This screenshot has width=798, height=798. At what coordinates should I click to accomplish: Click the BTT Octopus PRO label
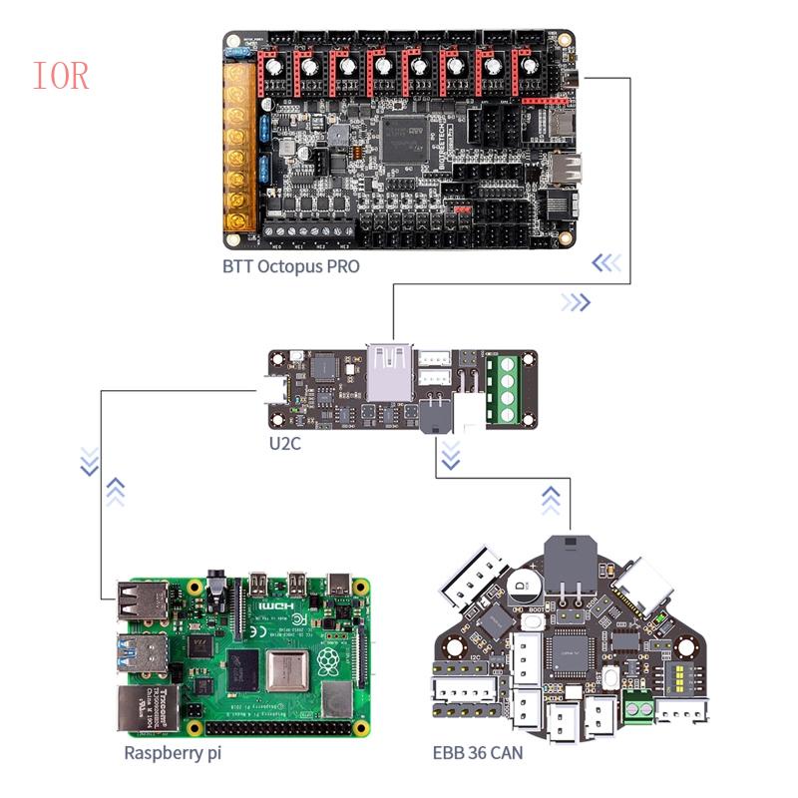point(290,266)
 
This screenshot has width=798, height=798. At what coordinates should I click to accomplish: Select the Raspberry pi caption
point(173,753)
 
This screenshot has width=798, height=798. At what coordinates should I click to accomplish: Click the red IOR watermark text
point(61,76)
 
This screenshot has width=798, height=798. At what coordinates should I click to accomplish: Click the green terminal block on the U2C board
point(505,388)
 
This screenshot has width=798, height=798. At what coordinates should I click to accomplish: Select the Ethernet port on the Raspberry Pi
point(146,707)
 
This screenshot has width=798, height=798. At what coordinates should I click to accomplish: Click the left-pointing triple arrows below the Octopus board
point(605,263)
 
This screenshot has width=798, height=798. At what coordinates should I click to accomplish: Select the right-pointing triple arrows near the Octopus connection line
point(576,302)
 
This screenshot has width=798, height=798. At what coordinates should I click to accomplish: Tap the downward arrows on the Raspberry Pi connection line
point(90,461)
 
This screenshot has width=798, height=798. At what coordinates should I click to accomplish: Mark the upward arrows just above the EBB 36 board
point(550,500)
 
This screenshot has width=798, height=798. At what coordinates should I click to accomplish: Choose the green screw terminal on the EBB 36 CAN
point(634,710)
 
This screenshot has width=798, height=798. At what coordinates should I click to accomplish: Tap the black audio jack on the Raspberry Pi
point(214,584)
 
